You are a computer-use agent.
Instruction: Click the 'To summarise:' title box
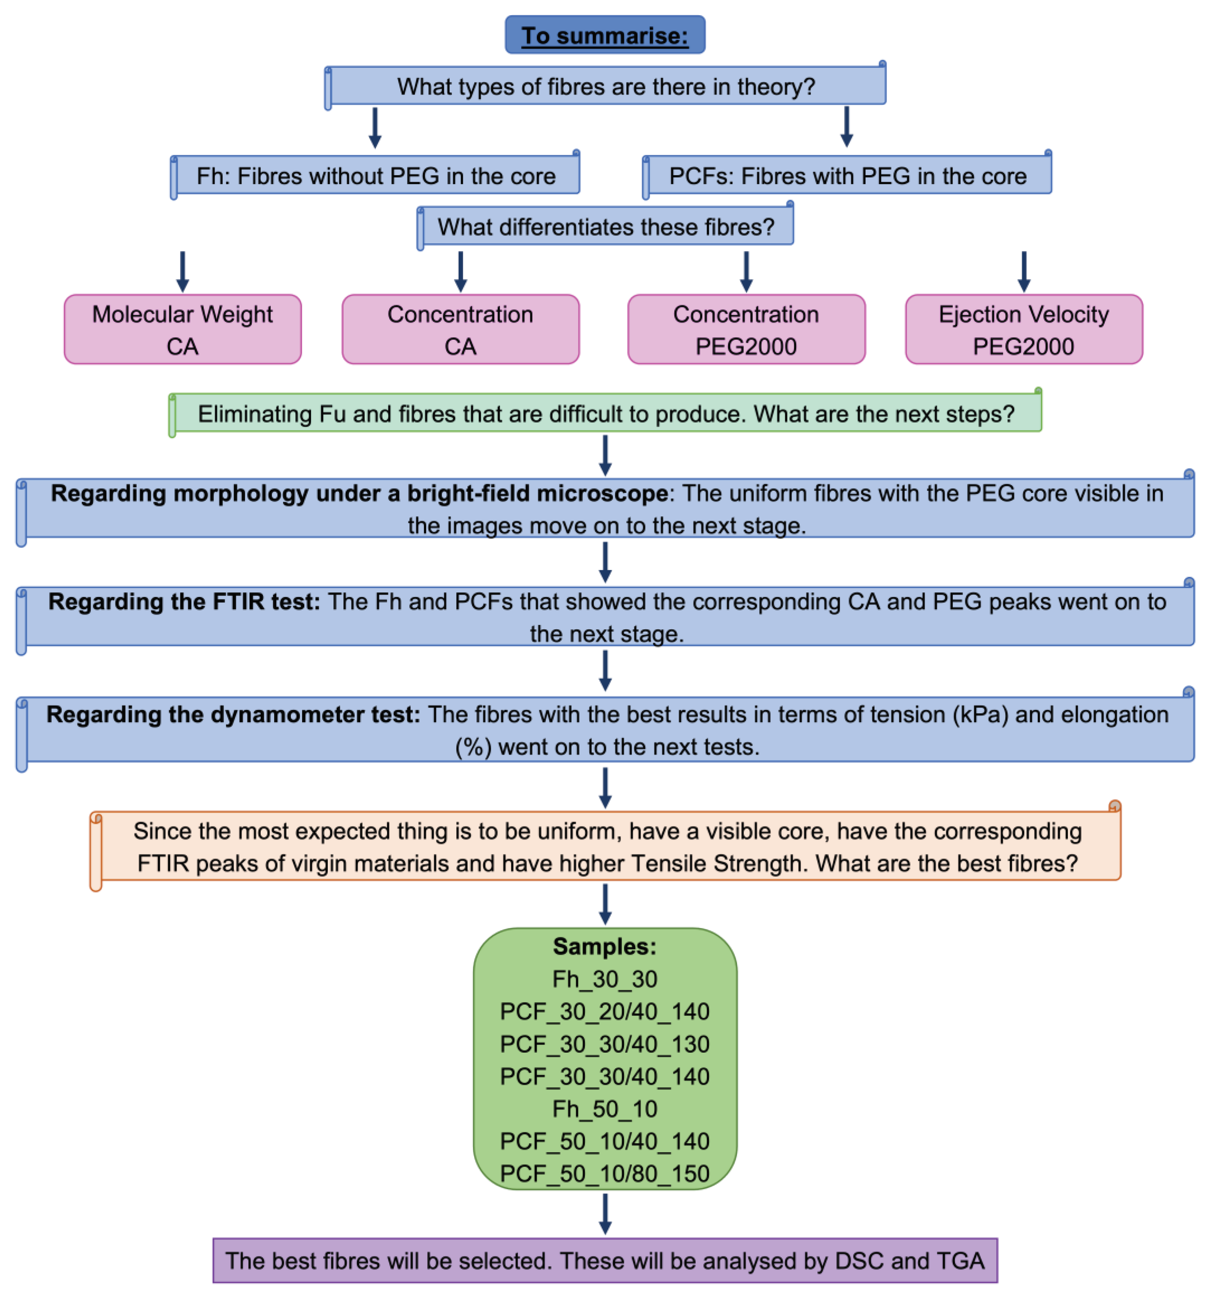(605, 35)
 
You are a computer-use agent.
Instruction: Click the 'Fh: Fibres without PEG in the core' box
(376, 176)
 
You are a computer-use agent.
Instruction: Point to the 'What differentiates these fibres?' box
(605, 227)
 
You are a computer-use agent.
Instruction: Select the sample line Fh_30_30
(605, 979)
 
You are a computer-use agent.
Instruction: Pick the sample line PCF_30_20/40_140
(605, 1011)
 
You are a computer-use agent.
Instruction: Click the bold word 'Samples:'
(605, 946)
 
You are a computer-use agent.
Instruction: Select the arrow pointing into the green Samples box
(605, 904)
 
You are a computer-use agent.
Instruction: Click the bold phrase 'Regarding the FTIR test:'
(184, 602)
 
